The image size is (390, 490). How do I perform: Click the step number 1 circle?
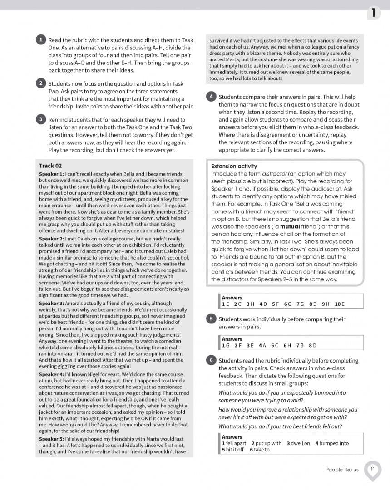40,39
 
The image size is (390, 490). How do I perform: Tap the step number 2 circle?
40,83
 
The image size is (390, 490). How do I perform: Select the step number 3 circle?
40,119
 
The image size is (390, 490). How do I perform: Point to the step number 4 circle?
211,97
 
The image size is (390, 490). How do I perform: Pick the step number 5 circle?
211,318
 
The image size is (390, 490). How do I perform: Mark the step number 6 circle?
211,360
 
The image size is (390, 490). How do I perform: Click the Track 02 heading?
50,166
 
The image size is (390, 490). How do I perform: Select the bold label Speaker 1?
52,174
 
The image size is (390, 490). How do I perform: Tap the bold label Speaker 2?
52,239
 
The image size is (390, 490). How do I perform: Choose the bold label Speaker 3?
52,303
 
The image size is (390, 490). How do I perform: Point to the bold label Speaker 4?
52,374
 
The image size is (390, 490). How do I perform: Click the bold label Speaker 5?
52,439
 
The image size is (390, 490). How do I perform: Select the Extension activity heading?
234,167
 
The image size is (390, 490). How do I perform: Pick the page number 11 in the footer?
372,469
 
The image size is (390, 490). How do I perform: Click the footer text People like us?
341,470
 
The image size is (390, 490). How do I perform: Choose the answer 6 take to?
259,450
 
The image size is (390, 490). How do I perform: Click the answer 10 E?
340,304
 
